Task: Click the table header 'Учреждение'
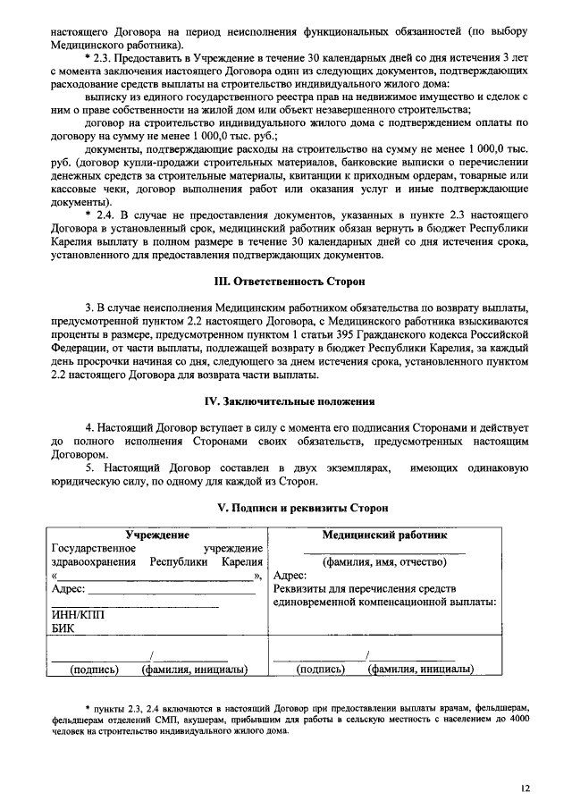pyautogui.click(x=157, y=535)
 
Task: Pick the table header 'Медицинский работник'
pyautogui.click(x=385, y=535)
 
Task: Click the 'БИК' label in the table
pyautogui.click(x=64, y=630)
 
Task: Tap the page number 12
pyautogui.click(x=526, y=788)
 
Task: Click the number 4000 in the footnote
pyautogui.click(x=517, y=718)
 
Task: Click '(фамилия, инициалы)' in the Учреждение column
pyautogui.click(x=194, y=669)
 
